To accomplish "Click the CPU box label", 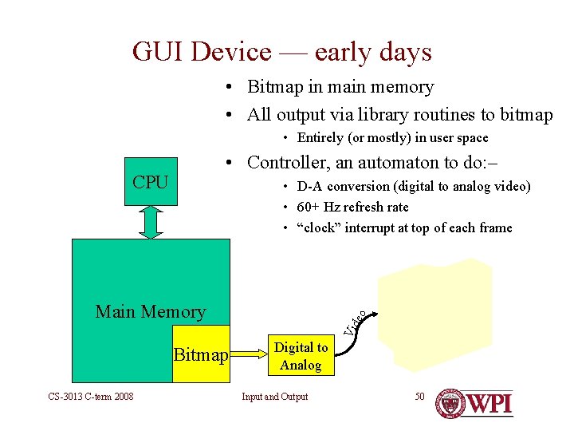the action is pyautogui.click(x=150, y=182).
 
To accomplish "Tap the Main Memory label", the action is pyautogui.click(x=150, y=311).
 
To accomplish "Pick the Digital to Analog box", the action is pyautogui.click(x=301, y=356).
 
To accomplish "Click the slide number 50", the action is pyautogui.click(x=419, y=397).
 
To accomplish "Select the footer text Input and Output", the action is pyautogui.click(x=274, y=397).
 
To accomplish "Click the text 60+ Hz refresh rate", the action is pyautogui.click(x=352, y=208).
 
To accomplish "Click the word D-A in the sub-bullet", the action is pyautogui.click(x=309, y=187).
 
